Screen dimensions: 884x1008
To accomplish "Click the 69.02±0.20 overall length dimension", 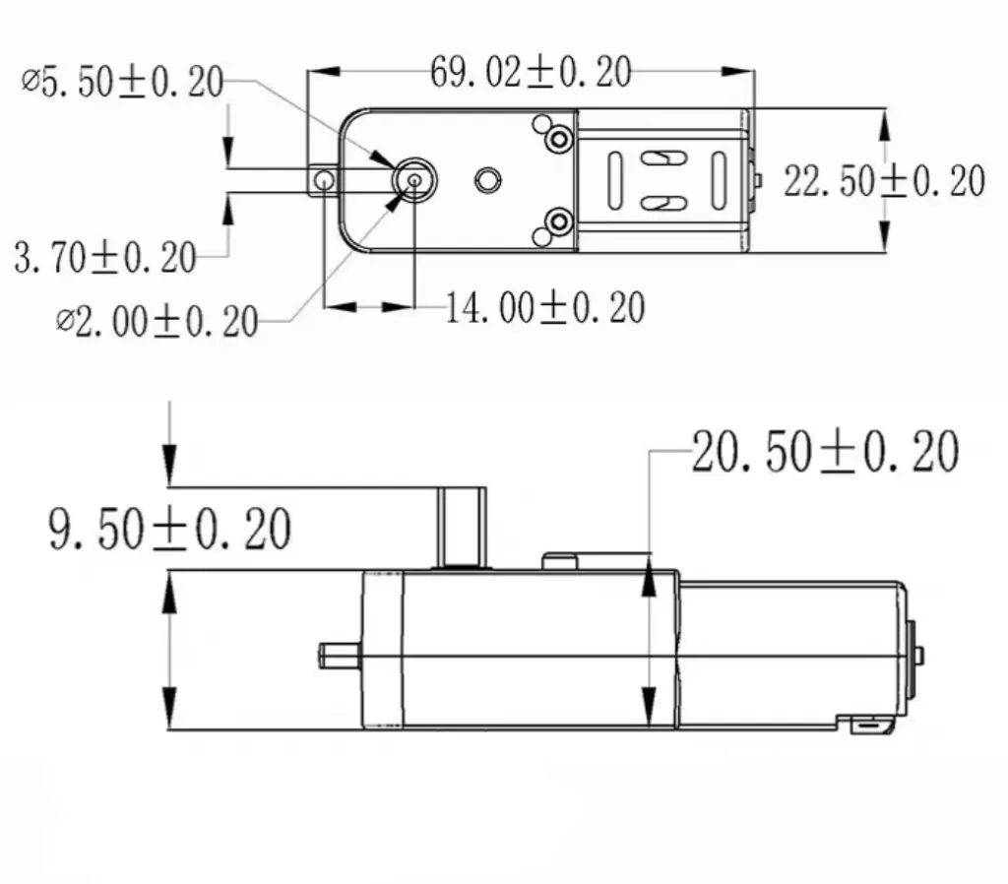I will click(x=531, y=72).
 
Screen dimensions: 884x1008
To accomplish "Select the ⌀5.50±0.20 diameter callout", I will click(x=123, y=84).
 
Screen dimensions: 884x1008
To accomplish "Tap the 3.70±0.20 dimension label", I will click(x=105, y=257).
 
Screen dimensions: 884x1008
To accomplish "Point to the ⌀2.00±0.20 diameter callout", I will click(x=157, y=320).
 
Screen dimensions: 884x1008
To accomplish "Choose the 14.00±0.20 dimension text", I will click(x=545, y=308).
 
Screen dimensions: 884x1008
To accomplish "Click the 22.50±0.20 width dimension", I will click(x=884, y=181).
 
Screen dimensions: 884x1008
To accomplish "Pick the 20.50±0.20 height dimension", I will click(x=825, y=452).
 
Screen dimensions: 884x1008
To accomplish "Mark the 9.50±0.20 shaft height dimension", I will click(x=169, y=530).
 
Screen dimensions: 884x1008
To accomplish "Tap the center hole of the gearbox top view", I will click(x=486, y=179).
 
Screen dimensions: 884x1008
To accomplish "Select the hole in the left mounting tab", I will click(x=321, y=180).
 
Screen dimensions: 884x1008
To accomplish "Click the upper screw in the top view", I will click(x=559, y=140).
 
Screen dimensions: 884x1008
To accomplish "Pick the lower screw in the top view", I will click(x=559, y=219).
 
